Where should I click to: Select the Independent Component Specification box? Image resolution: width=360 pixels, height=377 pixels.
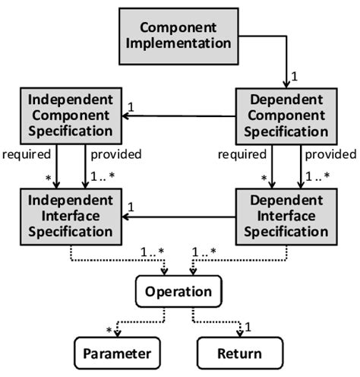pos(67,116)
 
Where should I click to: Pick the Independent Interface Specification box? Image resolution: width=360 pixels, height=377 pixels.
pos(67,217)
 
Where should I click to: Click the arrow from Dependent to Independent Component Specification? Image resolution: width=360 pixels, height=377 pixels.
pos(178,116)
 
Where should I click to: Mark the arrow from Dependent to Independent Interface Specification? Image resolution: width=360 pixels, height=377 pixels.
pos(178,217)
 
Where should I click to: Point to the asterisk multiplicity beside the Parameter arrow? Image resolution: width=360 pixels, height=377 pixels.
pos(109,329)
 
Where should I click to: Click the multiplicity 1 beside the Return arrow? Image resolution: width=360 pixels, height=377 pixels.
pos(249,329)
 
